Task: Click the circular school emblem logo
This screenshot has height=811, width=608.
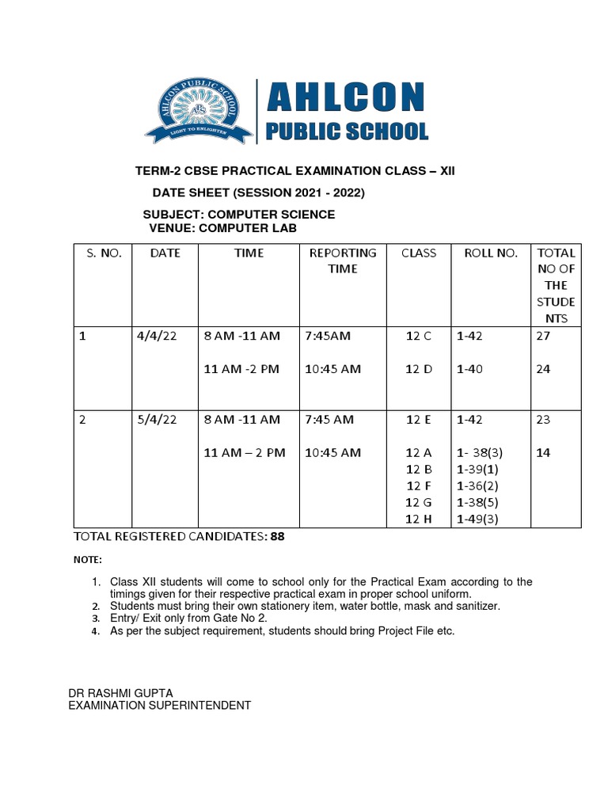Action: [x=199, y=111]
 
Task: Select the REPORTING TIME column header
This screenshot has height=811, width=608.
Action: [x=342, y=261]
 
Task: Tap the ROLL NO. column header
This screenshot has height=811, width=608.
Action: [x=490, y=253]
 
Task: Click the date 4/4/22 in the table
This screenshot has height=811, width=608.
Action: [x=157, y=336]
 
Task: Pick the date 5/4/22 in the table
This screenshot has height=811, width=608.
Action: [x=157, y=420]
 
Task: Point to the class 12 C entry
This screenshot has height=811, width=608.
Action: [x=418, y=336]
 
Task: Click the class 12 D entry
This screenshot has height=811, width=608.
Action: [x=418, y=369]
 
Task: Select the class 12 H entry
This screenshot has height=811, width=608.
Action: [x=418, y=519]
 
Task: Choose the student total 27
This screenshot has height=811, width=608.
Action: [x=543, y=336]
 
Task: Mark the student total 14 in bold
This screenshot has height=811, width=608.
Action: [x=543, y=453]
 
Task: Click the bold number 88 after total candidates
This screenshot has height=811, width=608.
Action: [x=277, y=536]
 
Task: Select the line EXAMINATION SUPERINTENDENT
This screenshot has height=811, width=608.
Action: [x=159, y=705]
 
